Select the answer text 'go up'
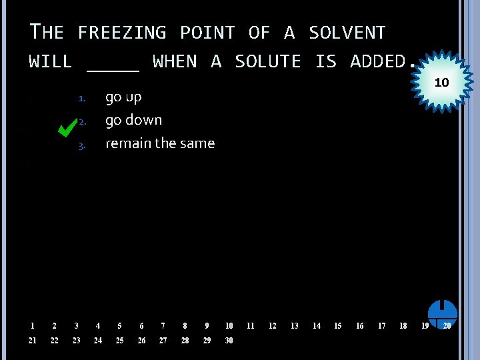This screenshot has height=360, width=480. pos(123,97)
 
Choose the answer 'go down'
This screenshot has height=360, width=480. pos(133,121)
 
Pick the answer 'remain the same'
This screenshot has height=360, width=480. pos(160,143)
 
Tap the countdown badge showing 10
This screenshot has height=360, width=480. pos(441,83)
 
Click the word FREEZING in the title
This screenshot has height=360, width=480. pos(121,33)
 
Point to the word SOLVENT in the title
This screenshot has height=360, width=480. pos(347,33)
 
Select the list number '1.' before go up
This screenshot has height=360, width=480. pos(82,99)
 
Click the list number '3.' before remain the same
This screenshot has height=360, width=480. pos(82,145)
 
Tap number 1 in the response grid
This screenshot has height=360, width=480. pos(32,326)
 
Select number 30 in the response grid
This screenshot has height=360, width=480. pos(229,341)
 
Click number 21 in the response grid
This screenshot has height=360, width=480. pos(33,341)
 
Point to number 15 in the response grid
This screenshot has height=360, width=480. pos(337,326)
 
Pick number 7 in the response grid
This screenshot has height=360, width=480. pos(163,326)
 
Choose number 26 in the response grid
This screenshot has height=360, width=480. pos(141,341)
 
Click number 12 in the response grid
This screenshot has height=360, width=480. pos(272,326)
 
